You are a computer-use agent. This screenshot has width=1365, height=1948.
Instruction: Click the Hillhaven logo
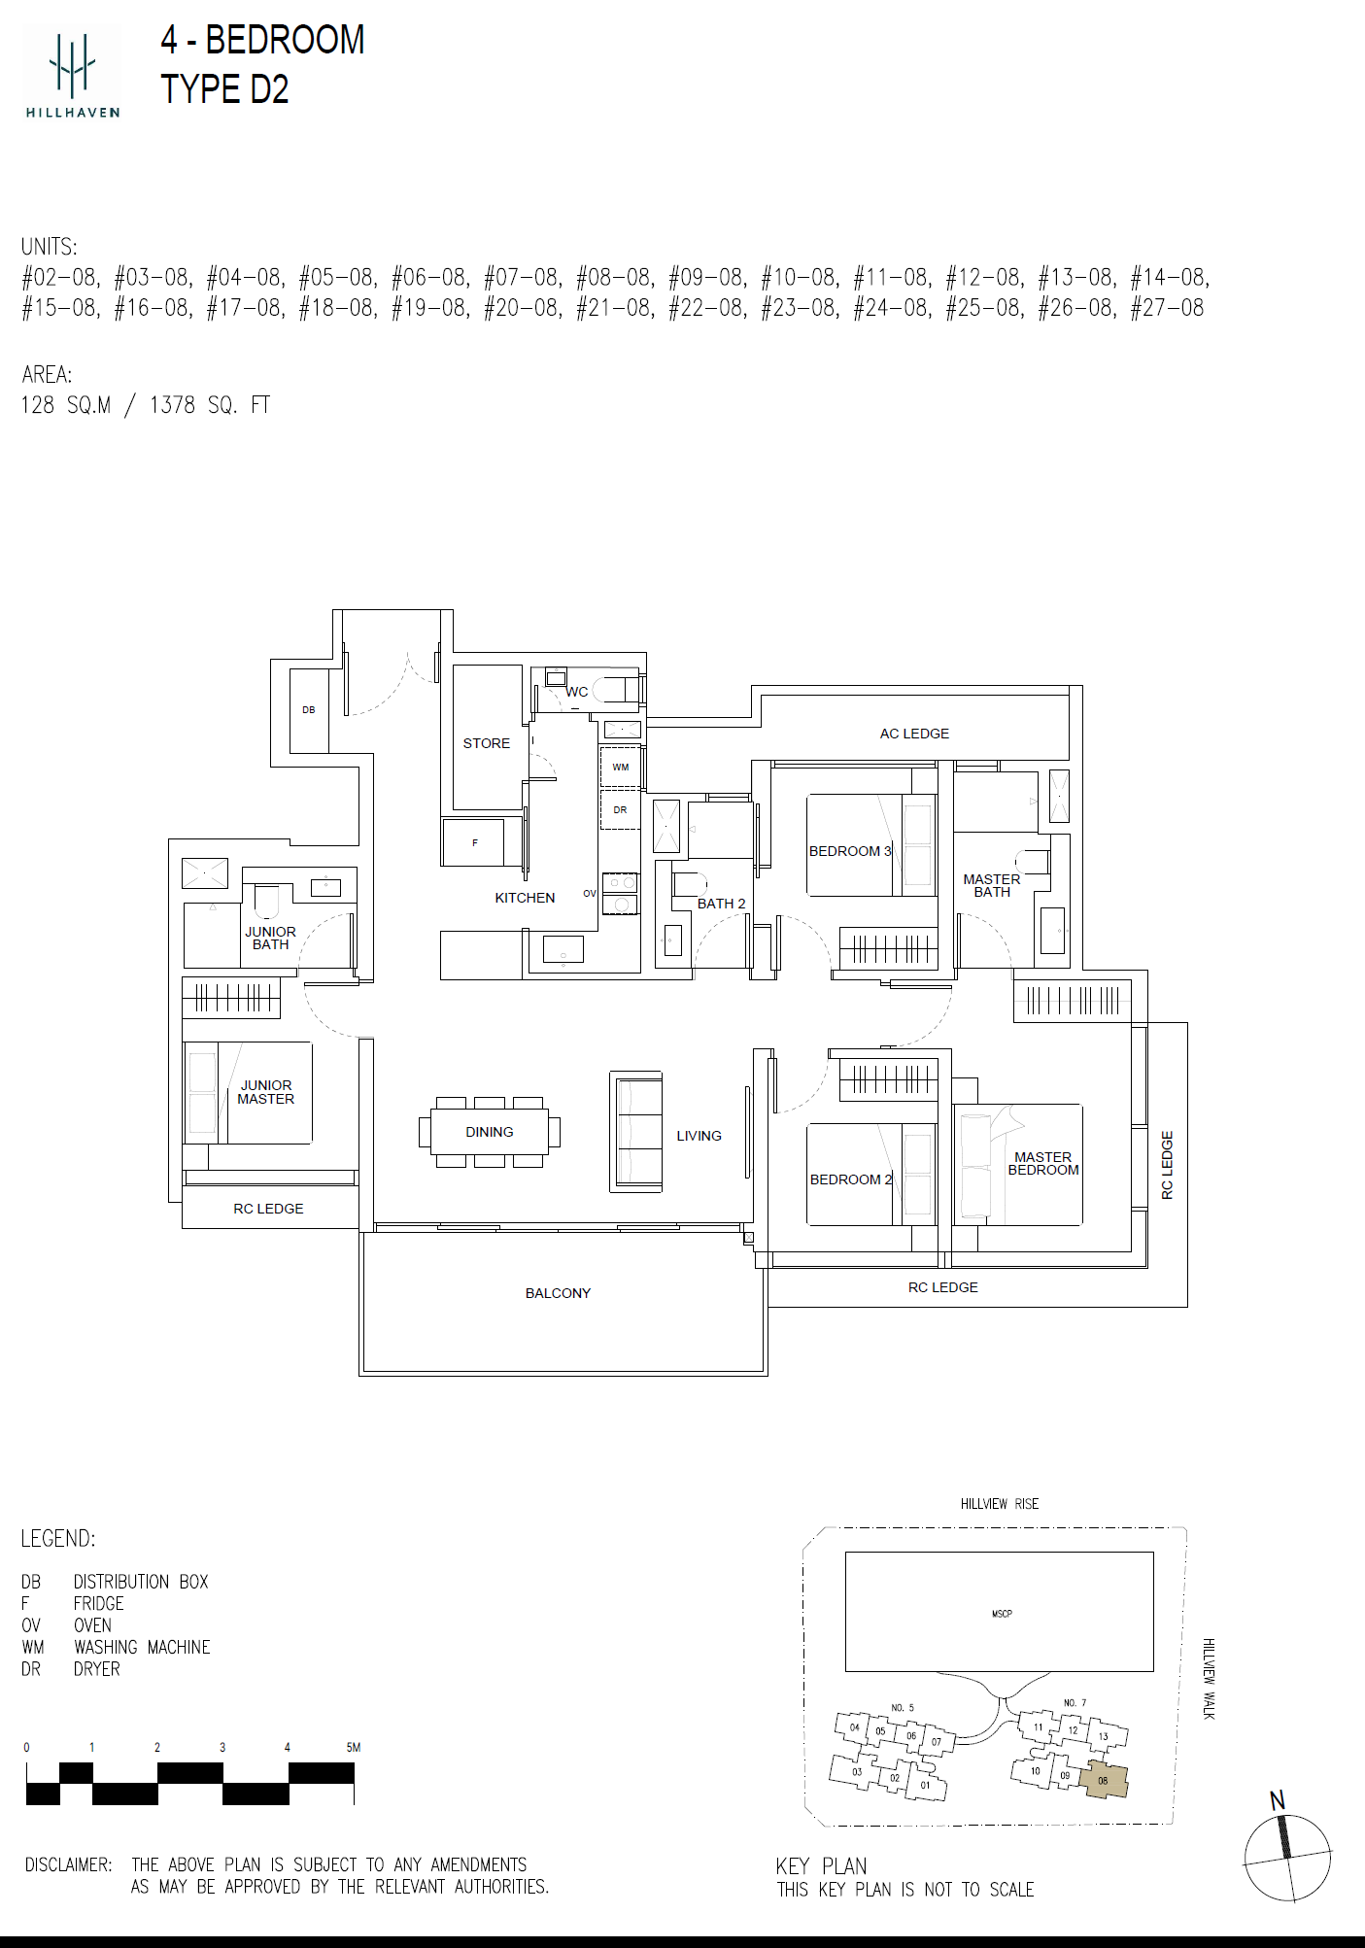coord(73,72)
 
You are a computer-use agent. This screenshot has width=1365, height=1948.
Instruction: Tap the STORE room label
coord(486,743)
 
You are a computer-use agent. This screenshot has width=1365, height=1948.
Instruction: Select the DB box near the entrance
coord(309,710)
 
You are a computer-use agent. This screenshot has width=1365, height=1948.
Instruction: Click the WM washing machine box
coord(621,768)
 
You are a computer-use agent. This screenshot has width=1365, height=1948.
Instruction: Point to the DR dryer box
coord(621,810)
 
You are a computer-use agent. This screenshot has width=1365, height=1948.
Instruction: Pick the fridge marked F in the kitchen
coord(474,842)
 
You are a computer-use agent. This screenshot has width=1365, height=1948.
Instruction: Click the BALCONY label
coord(558,1293)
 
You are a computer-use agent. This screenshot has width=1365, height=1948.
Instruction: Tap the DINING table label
coord(489,1132)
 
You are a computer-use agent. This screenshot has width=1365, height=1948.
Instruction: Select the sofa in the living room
coord(636,1132)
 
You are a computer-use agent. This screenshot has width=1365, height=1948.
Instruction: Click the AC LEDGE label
coord(914,734)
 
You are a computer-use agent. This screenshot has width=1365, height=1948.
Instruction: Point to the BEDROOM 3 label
coord(850,851)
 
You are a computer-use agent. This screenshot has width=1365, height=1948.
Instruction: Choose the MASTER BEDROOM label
coord(1043,1163)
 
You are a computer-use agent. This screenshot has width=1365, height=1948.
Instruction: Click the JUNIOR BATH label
coord(270,938)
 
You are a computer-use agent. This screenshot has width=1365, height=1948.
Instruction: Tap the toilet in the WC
coord(611,690)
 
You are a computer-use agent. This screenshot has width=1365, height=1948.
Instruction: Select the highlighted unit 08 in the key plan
coord(1104,1780)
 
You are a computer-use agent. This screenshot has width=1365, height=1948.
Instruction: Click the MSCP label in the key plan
coord(1002,1614)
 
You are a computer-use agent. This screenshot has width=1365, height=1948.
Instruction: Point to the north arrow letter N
coord(1278,1800)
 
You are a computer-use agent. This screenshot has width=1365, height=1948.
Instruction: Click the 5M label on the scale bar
coord(354,1747)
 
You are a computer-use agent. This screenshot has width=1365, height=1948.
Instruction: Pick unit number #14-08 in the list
coord(1170,278)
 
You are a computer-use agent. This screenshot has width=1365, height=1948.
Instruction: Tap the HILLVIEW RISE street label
coord(1000,1504)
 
